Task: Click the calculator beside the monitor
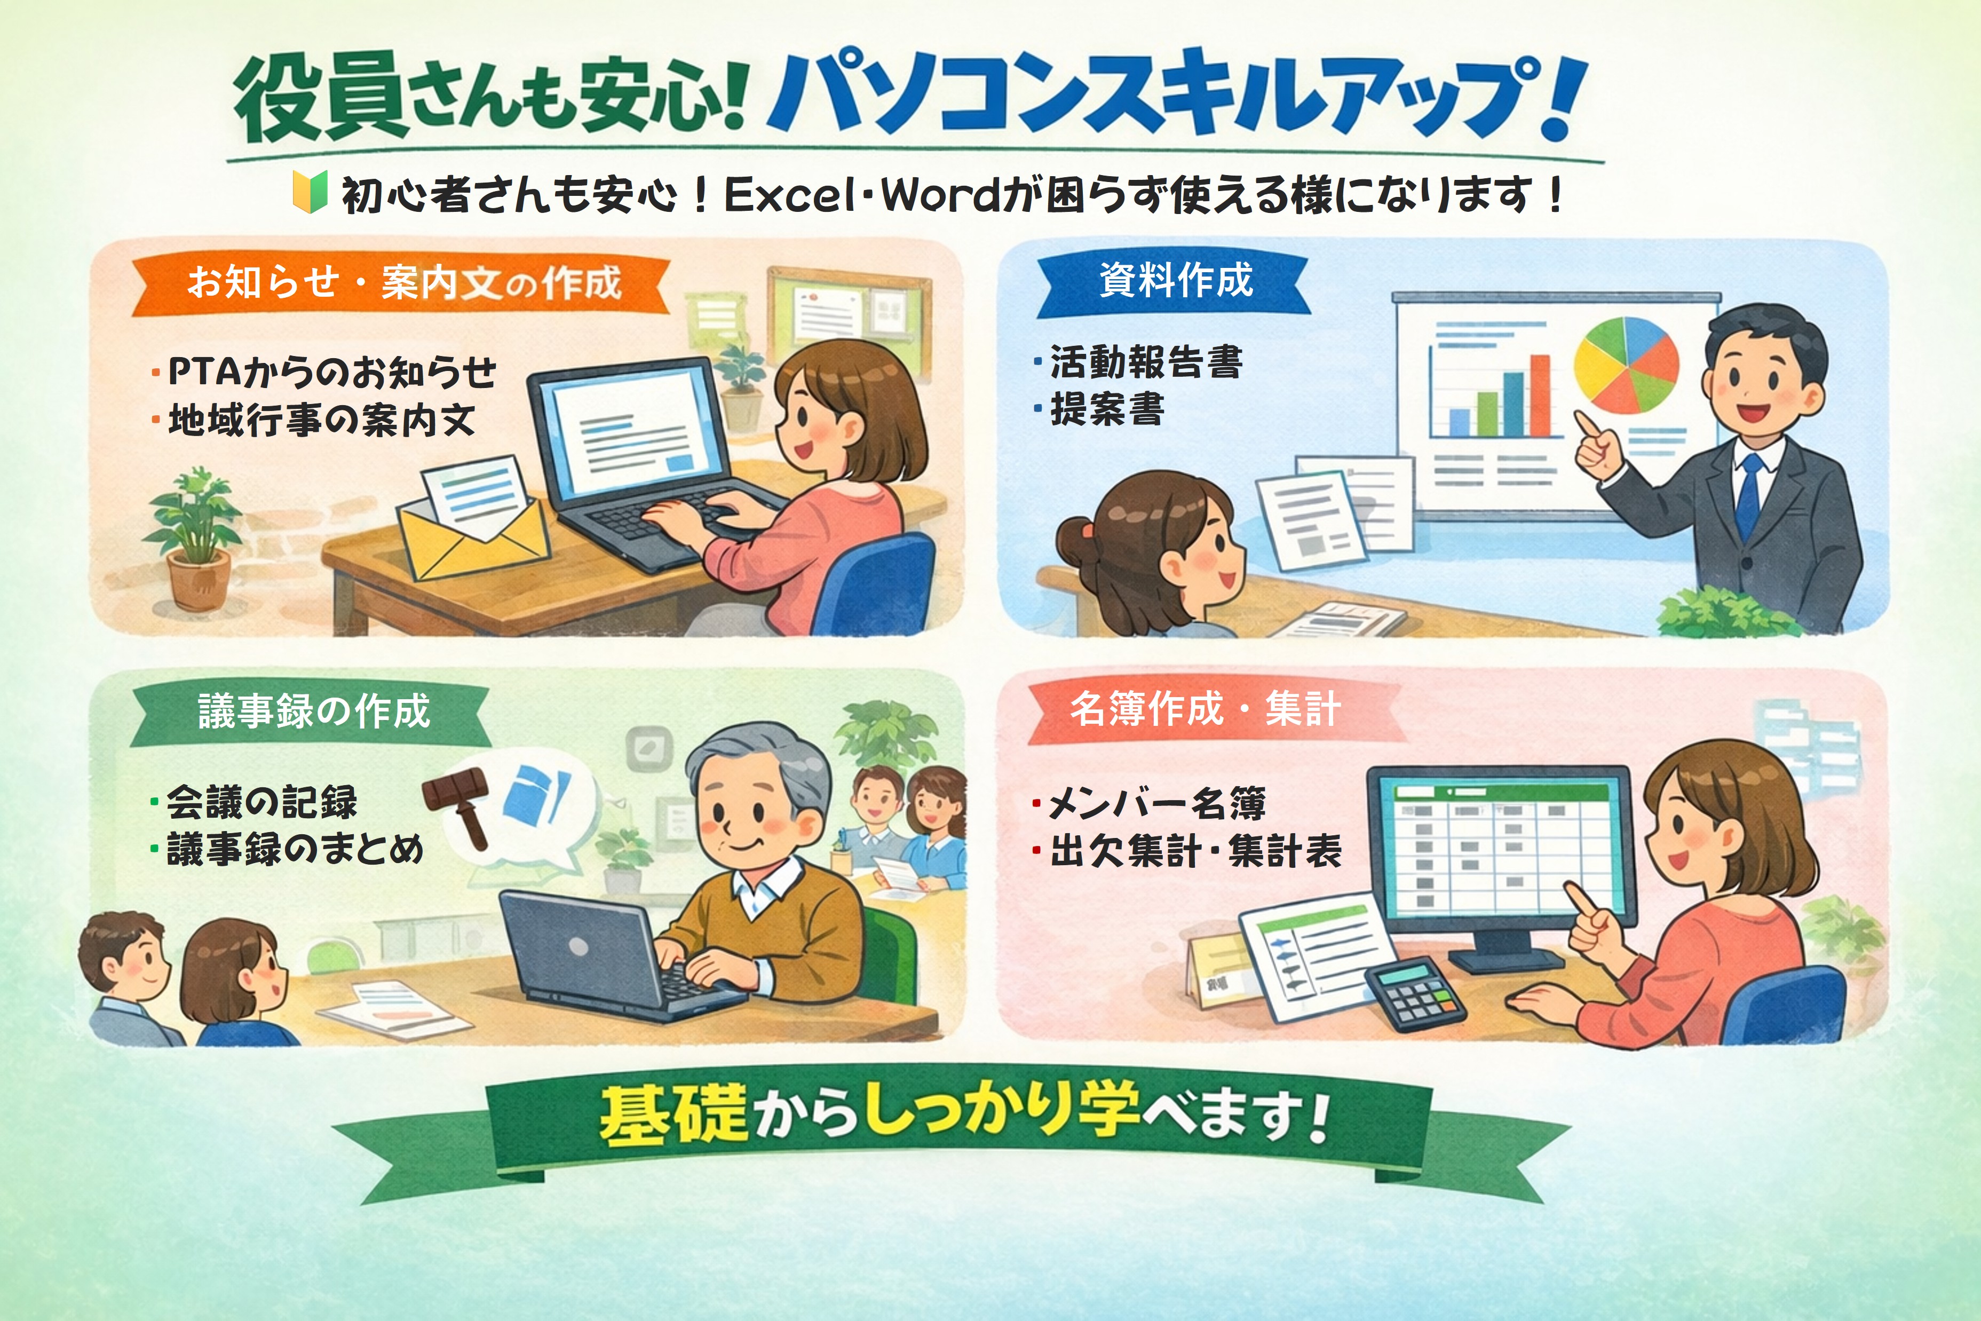click(1415, 995)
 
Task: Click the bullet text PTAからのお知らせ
click(332, 373)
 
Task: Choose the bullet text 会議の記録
click(262, 802)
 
